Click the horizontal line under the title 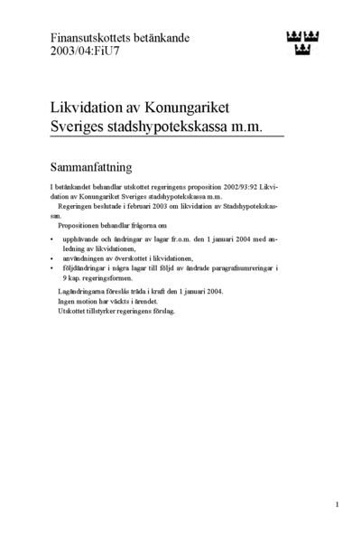(x=167, y=137)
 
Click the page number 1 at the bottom (x=337, y=504)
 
